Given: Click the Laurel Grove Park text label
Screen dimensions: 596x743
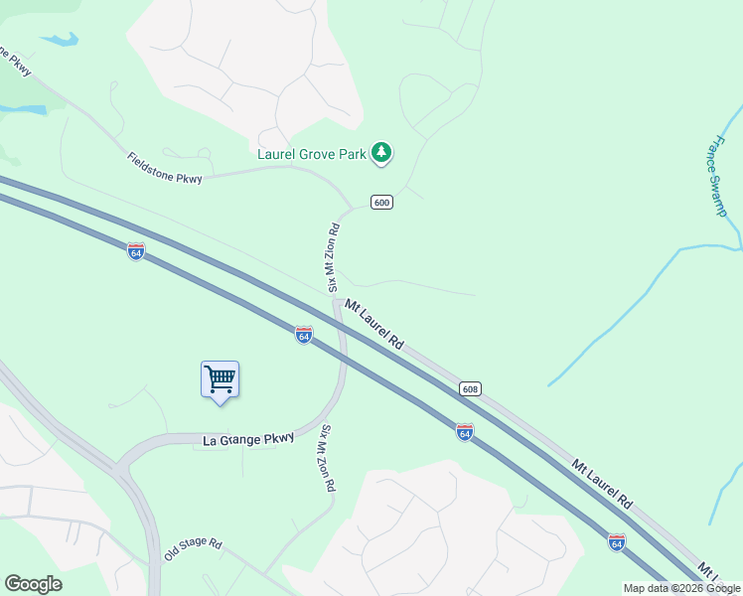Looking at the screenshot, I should click(312, 154).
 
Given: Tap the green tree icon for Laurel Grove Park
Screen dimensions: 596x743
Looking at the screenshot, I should click(380, 152).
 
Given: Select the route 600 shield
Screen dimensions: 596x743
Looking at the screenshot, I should click(382, 203).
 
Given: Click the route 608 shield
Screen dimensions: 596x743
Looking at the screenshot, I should click(471, 388).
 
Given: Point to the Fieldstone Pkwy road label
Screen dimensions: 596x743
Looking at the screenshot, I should click(165, 168).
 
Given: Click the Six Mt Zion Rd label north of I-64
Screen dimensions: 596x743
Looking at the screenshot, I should click(334, 256).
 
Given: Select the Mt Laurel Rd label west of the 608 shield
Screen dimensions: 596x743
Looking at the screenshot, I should click(374, 325).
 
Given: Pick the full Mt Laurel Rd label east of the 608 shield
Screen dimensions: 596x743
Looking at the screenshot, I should click(602, 484).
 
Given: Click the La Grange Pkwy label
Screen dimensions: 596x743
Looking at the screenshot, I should click(249, 438).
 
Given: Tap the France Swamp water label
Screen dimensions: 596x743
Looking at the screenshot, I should click(717, 176).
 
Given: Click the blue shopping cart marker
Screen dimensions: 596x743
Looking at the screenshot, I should click(220, 379).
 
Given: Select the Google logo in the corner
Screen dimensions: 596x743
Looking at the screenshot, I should click(33, 584).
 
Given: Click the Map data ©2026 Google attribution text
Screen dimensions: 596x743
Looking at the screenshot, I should click(682, 588).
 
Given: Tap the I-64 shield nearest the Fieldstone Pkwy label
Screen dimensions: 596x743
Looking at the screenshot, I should click(136, 251).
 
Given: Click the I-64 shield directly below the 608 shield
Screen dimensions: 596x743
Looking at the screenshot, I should click(464, 431).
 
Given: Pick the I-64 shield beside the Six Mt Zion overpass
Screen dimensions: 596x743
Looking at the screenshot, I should click(304, 335).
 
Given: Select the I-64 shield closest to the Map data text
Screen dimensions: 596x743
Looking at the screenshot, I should click(617, 542).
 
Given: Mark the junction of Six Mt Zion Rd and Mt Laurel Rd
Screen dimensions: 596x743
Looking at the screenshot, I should click(338, 301).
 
